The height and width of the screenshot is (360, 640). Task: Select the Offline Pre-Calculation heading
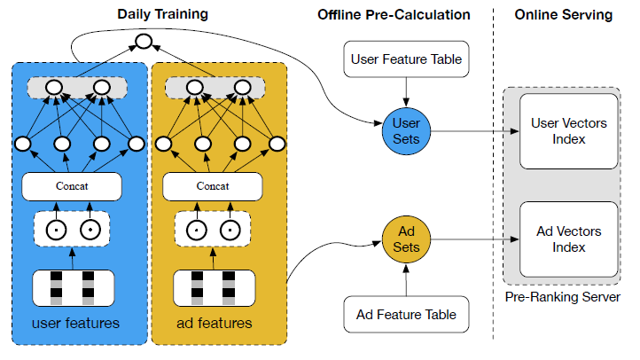pyautogui.click(x=394, y=14)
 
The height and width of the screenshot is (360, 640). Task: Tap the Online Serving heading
pyautogui.click(x=564, y=14)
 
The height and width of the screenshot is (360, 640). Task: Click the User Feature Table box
pyautogui.click(x=406, y=60)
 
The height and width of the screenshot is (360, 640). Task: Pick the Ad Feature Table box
pyautogui.click(x=406, y=314)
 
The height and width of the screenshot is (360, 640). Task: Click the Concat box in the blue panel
pyautogui.click(x=73, y=186)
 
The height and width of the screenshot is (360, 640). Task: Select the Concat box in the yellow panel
pyautogui.click(x=213, y=186)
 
